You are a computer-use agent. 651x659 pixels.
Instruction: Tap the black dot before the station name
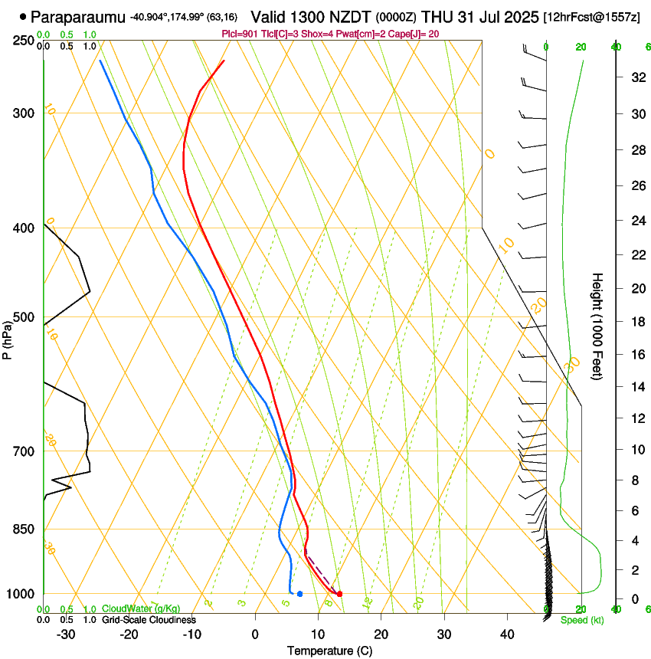pyautogui.click(x=23, y=16)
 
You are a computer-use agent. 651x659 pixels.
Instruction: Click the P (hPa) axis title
pyautogui.click(x=8, y=339)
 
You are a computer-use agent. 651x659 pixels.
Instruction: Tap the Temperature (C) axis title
pyautogui.click(x=329, y=651)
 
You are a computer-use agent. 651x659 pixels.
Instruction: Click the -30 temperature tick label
pyautogui.click(x=66, y=634)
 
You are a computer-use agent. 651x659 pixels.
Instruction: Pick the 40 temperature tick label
pyautogui.click(x=507, y=634)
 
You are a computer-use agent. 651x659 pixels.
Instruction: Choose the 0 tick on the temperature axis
pyautogui.click(x=255, y=634)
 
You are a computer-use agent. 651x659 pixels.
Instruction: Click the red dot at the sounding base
pyautogui.click(x=339, y=594)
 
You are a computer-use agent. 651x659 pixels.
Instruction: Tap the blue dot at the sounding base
pyautogui.click(x=299, y=594)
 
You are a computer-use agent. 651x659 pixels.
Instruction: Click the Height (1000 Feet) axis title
pyautogui.click(x=597, y=326)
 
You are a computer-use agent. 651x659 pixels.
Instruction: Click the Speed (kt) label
pyautogui.click(x=581, y=620)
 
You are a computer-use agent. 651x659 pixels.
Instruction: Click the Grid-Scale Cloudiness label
pyautogui.click(x=149, y=620)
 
